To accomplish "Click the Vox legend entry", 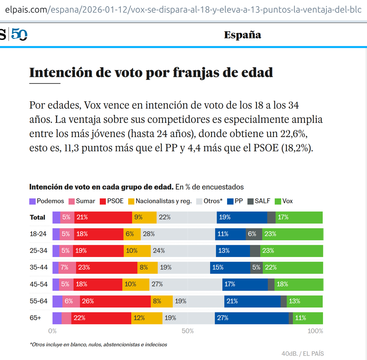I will (x=284, y=201).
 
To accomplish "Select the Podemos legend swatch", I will (x=32, y=201).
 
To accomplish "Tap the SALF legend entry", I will (x=259, y=201).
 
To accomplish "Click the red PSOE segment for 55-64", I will (x=115, y=301).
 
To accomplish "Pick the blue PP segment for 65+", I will (x=252, y=318).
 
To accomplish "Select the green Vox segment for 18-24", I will (x=292, y=234).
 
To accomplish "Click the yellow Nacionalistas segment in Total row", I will (x=144, y=217).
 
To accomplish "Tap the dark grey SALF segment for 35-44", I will (x=256, y=268).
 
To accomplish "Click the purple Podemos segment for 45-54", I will (x=56, y=284).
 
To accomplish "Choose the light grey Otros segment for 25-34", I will (x=183, y=251).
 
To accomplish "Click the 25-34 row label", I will (x=38, y=251).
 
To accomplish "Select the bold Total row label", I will (x=38, y=217).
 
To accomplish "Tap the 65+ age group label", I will (x=36, y=318).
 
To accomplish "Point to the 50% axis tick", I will (x=188, y=331).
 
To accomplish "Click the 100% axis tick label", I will (x=315, y=331).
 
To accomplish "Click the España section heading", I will (x=243, y=35).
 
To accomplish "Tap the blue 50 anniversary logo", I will (x=19, y=34).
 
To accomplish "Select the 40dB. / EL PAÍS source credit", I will (x=302, y=354).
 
